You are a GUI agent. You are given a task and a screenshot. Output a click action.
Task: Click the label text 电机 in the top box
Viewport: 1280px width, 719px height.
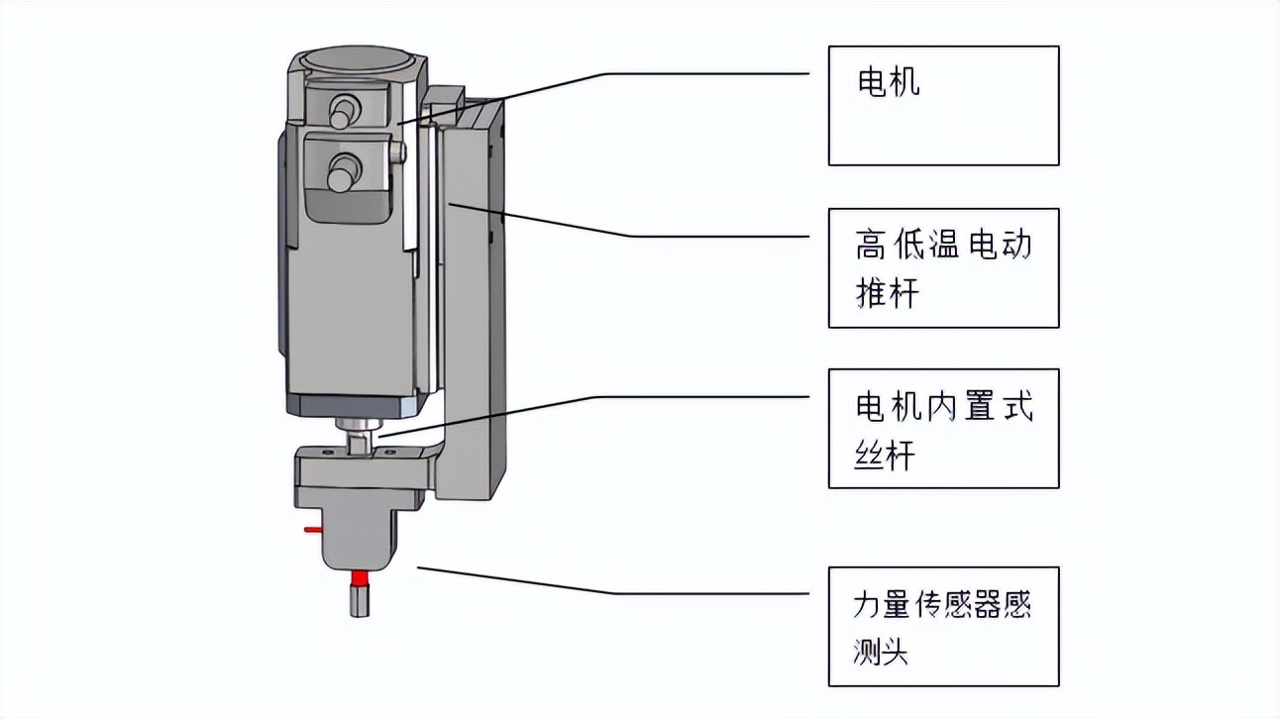click(888, 82)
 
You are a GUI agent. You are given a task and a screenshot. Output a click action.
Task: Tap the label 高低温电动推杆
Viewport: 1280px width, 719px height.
click(942, 267)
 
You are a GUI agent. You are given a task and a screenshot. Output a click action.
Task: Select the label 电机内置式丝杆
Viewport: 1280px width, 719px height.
click(942, 429)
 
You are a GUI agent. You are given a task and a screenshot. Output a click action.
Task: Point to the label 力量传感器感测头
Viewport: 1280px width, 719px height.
click(941, 627)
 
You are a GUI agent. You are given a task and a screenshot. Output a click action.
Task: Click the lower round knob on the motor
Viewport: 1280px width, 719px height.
click(343, 171)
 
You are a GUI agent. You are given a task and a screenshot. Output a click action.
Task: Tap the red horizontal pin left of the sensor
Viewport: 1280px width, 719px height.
click(311, 530)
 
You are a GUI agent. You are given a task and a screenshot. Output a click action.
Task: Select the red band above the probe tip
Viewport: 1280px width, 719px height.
click(360, 576)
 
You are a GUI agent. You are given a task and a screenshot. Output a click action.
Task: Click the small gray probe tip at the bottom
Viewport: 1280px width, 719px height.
click(360, 600)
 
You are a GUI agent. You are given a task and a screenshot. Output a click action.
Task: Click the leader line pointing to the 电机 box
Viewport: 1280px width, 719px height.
click(693, 73)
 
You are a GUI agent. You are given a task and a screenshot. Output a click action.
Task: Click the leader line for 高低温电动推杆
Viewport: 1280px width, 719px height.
click(693, 236)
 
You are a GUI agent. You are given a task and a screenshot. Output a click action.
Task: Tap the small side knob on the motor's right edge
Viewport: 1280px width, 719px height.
click(399, 153)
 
